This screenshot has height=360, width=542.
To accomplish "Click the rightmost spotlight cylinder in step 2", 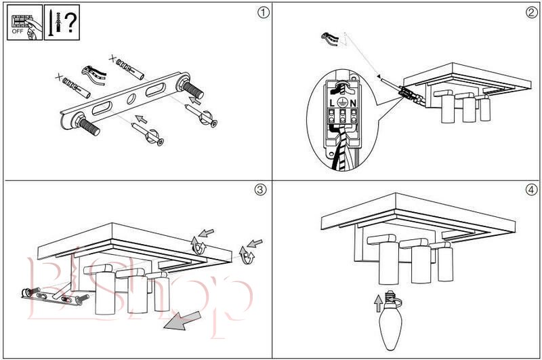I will [x=485, y=109].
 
